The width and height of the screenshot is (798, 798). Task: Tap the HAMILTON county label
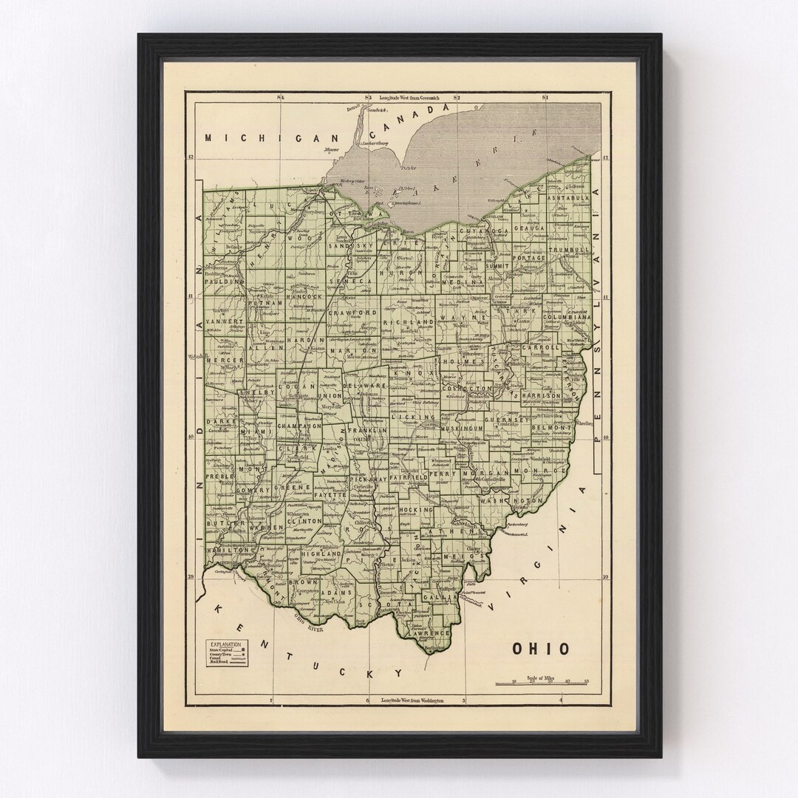point(229,551)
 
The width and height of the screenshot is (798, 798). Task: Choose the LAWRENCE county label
point(433,633)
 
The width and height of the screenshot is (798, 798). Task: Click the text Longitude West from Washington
point(413,700)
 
